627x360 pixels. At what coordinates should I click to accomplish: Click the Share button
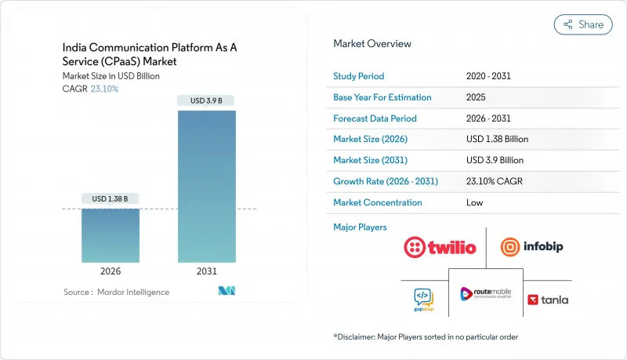coord(583,24)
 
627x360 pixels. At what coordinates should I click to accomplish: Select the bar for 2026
coord(111,235)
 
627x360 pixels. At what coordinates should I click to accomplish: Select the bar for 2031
coord(207,187)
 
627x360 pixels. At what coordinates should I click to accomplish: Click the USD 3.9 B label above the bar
coord(207,100)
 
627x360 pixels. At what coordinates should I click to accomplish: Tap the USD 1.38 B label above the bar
coord(111,198)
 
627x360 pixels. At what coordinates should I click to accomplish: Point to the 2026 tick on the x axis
coord(111,272)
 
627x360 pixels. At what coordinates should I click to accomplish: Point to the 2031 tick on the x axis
coord(207,272)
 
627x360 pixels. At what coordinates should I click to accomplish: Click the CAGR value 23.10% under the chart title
coord(105,89)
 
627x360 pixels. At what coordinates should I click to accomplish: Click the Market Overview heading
coord(372,43)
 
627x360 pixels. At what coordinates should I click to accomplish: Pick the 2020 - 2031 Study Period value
coord(488,76)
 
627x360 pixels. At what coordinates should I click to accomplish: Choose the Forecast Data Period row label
coord(375,118)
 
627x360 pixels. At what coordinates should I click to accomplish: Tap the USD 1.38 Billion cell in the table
coord(497,139)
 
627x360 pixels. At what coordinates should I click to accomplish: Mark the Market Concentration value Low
coord(475,202)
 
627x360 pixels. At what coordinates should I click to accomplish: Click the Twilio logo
coord(440,247)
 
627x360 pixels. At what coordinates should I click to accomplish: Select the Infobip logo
coord(532,246)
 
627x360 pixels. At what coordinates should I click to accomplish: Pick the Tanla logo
coord(548,299)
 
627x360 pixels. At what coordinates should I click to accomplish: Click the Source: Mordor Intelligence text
coord(115,292)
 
